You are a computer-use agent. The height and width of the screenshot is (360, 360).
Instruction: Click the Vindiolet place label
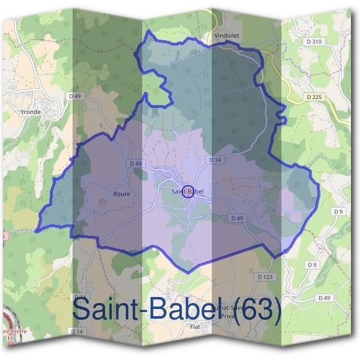pyautogui.click(x=226, y=35)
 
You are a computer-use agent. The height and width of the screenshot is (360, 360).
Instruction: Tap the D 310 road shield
pyautogui.click(x=314, y=41)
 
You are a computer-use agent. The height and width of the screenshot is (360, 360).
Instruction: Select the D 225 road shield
pyautogui.click(x=313, y=96)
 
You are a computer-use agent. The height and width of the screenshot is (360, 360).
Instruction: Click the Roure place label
pyautogui.click(x=121, y=194)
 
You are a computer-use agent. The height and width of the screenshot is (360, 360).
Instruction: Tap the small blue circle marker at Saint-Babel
pyautogui.click(x=187, y=191)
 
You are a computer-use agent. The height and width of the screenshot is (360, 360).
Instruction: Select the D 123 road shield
pyautogui.click(x=265, y=277)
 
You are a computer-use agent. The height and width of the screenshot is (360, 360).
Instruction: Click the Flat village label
pyautogui.click(x=194, y=326)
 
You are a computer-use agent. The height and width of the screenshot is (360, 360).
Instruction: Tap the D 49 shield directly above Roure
pyautogui.click(x=135, y=163)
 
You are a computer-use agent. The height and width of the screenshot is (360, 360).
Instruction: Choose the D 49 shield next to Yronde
pyautogui.click(x=75, y=96)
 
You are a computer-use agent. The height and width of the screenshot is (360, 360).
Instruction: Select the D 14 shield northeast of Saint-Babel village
pyautogui.click(x=215, y=160)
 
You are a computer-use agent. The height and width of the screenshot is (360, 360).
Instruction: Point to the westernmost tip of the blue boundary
pyautogui.click(x=36, y=231)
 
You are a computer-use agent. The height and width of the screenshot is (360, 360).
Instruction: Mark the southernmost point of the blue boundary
pyautogui.click(x=188, y=273)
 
